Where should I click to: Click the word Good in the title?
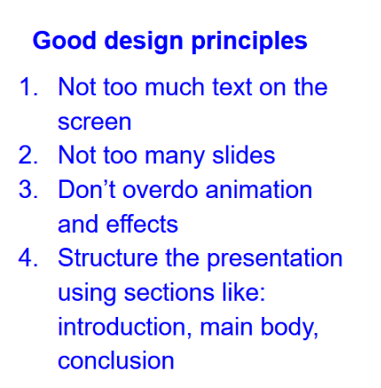tap(65, 40)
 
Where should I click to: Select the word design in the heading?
tap(144, 42)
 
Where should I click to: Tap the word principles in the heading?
tap(249, 42)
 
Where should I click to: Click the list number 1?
tap(28, 86)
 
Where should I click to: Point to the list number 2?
tap(28, 155)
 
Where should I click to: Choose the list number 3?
tap(28, 189)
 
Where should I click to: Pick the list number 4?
tap(28, 258)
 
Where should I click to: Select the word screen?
tap(94, 123)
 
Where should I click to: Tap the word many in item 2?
tap(174, 157)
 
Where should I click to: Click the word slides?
tap(244, 154)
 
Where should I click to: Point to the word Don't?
tap(87, 188)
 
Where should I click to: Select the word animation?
tap(259, 188)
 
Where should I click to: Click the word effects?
tap(142, 223)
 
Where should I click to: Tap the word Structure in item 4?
tap(107, 257)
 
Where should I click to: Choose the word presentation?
tap(274, 259)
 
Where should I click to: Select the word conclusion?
tap(116, 361)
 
